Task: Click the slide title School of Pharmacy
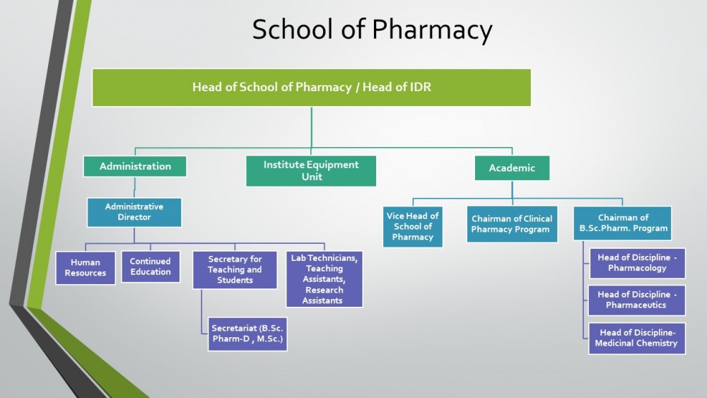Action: [x=372, y=30]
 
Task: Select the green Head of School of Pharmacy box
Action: [x=311, y=88]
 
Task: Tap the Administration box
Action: [x=135, y=166]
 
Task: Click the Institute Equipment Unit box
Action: [x=311, y=171]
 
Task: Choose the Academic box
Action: [x=512, y=168]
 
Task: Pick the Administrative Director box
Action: [x=134, y=212]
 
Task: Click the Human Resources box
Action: [x=86, y=268]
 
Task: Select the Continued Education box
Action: [x=151, y=267]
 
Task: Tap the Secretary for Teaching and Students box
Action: [x=235, y=269]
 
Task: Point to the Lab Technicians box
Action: [x=325, y=279]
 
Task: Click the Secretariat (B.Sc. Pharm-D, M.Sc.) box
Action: [x=247, y=334]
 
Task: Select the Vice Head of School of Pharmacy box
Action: [x=413, y=227]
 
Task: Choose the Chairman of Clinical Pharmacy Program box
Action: [x=512, y=224]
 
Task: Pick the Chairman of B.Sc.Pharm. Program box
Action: [x=623, y=223]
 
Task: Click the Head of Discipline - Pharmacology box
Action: [x=637, y=263]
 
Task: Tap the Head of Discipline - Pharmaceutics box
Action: [x=637, y=300]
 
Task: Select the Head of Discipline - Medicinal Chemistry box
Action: [x=637, y=338]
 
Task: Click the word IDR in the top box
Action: [x=420, y=87]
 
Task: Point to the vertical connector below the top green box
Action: [x=311, y=127]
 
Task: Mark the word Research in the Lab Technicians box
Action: [x=325, y=290]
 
